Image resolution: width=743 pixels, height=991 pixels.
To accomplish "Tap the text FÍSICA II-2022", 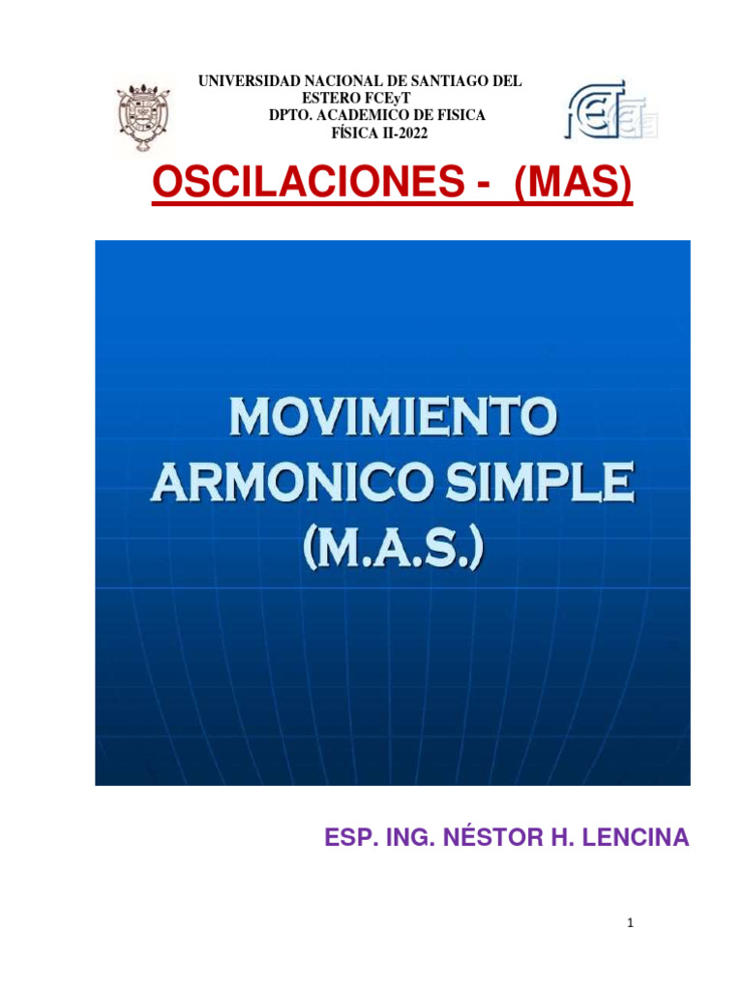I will click(x=379, y=133).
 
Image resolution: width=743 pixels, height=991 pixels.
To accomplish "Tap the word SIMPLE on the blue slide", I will click(x=550, y=481).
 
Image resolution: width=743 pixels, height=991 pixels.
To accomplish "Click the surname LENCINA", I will click(x=637, y=837).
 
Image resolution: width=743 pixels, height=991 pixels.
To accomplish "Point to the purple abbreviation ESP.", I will click(x=348, y=837).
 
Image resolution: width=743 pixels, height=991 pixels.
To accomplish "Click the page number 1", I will click(x=630, y=924).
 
